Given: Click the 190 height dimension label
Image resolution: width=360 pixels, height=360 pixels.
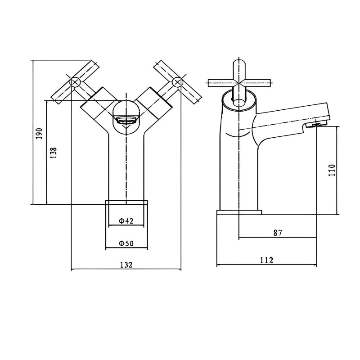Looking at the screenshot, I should point(39,133).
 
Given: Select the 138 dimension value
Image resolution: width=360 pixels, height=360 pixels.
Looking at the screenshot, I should point(53,153).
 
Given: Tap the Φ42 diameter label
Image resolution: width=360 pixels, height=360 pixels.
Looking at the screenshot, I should point(126,221).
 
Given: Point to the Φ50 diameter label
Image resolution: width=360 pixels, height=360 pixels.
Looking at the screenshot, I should point(126,243).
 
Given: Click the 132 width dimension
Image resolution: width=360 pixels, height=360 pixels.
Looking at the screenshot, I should point(126,265).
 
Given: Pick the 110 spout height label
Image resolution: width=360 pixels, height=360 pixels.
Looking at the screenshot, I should point(332,171).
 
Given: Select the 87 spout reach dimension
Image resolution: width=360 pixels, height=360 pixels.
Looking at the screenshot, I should point(277,233).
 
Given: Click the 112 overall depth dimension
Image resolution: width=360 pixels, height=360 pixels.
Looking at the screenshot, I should point(266,260).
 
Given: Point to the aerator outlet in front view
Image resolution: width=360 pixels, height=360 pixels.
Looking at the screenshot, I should point(126,120).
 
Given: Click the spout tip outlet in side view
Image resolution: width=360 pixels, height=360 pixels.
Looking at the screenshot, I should point(315,125).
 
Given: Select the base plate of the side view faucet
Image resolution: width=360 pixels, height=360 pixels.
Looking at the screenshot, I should point(239,212).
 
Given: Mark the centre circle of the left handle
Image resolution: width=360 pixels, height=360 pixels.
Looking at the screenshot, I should point(75,82).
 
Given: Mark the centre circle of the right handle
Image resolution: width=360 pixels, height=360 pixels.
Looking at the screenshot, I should point(177,82).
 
